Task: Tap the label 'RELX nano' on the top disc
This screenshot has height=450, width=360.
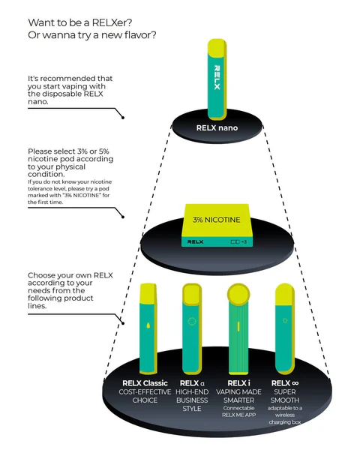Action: pyautogui.click(x=217, y=127)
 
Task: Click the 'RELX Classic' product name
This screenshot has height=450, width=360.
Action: pyautogui.click(x=140, y=384)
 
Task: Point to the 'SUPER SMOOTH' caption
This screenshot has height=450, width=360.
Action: pyautogui.click(x=285, y=396)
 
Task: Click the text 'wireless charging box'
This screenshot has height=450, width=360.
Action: pyautogui.click(x=285, y=423)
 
